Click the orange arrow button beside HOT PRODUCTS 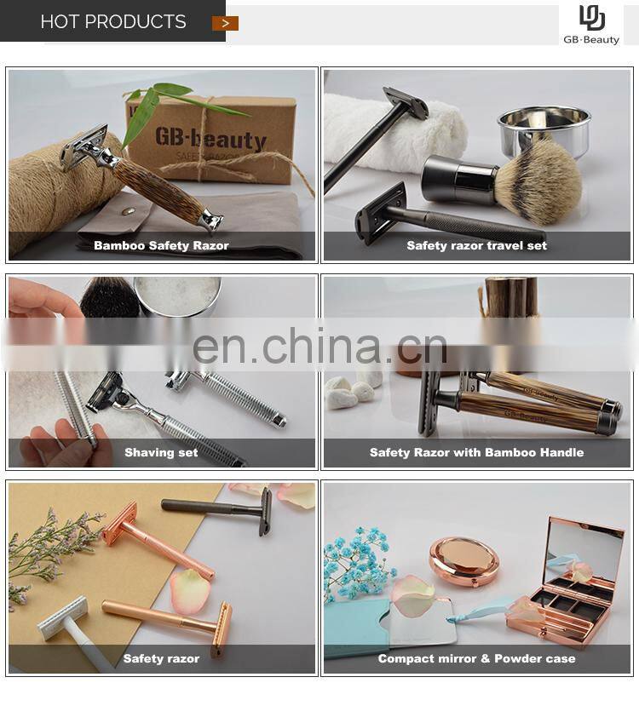click(225, 23)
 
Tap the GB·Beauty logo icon click(591, 19)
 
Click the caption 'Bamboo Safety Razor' click(161, 245)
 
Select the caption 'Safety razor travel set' click(476, 245)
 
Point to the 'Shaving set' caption click(161, 452)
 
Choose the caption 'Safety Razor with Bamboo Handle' click(476, 452)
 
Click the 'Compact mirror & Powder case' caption click(476, 658)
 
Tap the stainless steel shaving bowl click(544, 129)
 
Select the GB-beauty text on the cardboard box click(210, 138)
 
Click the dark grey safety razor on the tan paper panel click(218, 510)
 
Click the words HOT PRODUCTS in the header click(113, 21)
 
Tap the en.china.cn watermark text click(319, 345)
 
